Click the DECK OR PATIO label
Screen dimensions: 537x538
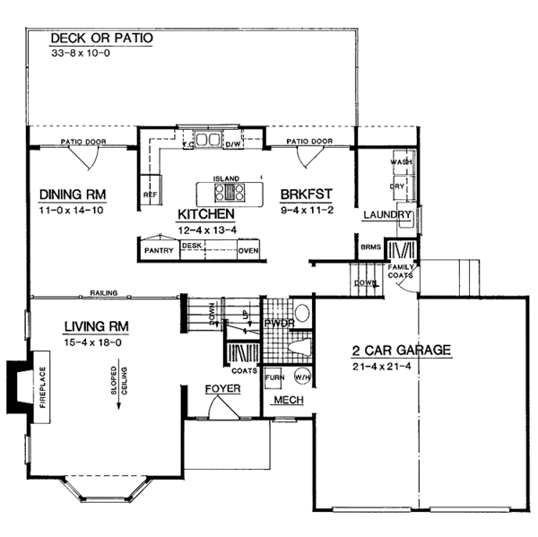coord(101,39)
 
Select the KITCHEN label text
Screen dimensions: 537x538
coord(205,214)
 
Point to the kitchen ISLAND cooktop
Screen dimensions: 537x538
coord(228,191)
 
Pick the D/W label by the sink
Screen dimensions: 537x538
coord(232,143)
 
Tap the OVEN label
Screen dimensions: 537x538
coord(247,251)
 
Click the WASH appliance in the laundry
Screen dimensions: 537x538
coord(400,162)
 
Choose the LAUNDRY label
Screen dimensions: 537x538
coord(386,216)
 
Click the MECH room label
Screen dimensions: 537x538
coord(290,399)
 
